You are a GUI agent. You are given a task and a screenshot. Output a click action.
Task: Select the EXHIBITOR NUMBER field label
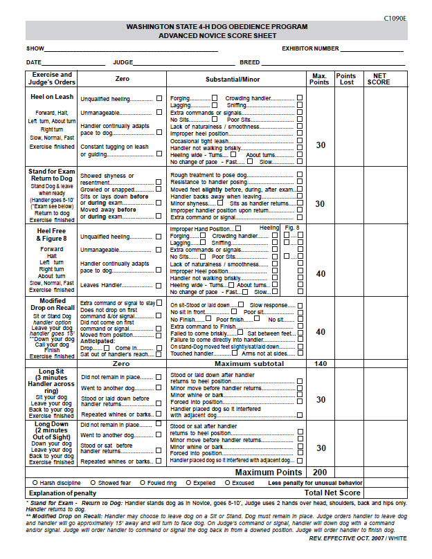pyautogui.click(x=309, y=49)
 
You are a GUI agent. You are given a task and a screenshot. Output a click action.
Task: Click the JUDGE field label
pyautogui.click(x=123, y=63)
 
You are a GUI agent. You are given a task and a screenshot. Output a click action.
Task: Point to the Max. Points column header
pyautogui.click(x=320, y=79)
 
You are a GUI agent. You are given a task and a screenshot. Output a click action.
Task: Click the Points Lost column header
pyautogui.click(x=345, y=79)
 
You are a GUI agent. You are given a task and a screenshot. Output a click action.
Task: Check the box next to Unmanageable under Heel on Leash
pyautogui.click(x=159, y=112)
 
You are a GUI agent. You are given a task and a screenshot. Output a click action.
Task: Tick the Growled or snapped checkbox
pyautogui.click(x=159, y=189)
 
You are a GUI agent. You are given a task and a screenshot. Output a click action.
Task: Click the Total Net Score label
pyautogui.click(x=332, y=493)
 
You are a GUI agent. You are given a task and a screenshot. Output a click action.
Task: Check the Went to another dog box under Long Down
pyautogui.click(x=159, y=435)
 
